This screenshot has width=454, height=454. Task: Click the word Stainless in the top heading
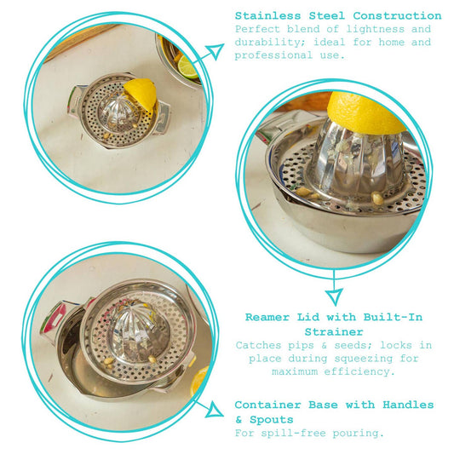[267, 15]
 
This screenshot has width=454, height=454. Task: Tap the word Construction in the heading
[397, 15]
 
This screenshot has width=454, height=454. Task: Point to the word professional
[273, 55]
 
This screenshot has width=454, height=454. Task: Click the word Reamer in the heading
[267, 317]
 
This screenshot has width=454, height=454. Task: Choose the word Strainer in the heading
[334, 332]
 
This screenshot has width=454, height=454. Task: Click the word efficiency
[359, 371]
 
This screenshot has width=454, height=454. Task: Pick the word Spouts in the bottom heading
[272, 420]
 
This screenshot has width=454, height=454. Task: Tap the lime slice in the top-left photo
[187, 68]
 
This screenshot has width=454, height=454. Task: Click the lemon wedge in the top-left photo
[141, 94]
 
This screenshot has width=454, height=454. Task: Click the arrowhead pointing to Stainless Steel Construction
[215, 52]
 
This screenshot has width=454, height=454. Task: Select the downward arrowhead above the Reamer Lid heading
[335, 296]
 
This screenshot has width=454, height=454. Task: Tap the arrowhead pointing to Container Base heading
[215, 410]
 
